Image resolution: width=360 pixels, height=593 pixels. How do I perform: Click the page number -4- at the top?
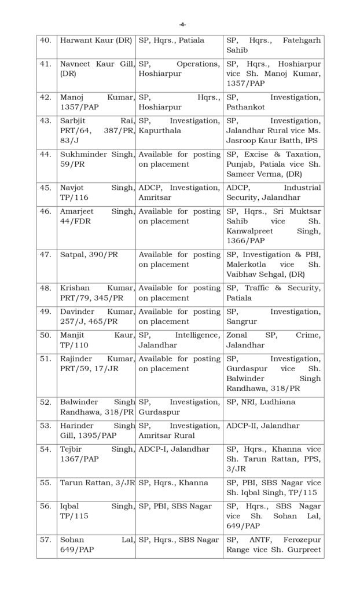[182, 24]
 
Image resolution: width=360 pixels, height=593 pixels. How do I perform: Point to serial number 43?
[45, 121]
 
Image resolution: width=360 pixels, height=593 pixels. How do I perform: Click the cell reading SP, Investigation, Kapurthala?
[179, 126]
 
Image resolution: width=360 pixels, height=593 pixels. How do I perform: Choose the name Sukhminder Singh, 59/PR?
[97, 159]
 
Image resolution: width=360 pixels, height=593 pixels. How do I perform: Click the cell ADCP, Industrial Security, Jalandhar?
[273, 192]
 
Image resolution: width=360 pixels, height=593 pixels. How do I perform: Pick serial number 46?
[45, 211]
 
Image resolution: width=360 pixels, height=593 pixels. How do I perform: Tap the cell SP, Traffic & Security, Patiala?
[273, 292]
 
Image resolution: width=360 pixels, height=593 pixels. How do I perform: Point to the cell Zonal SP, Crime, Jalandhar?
[273, 340]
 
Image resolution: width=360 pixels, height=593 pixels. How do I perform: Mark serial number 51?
[45, 359]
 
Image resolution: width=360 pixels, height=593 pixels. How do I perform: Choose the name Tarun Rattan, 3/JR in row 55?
[97, 482]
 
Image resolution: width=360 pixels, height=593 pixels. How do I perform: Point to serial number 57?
[45, 539]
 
